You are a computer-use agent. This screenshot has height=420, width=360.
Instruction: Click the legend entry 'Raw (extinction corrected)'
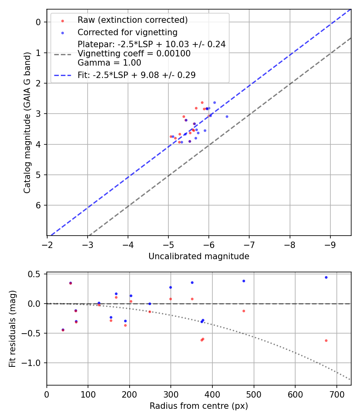click(132, 20)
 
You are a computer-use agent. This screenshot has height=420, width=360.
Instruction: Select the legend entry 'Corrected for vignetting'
click(127, 32)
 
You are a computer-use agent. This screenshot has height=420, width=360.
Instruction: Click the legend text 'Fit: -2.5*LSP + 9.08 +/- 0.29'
click(136, 75)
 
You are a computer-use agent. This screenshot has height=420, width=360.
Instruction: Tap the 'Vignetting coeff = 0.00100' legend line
click(134, 54)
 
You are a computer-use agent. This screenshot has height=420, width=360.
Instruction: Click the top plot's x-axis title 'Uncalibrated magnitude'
click(199, 256)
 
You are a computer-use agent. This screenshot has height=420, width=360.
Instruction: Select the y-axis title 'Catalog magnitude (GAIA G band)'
click(27, 122)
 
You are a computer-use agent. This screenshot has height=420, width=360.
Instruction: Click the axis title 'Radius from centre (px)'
click(199, 406)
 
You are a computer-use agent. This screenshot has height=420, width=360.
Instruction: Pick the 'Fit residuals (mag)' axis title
click(12, 329)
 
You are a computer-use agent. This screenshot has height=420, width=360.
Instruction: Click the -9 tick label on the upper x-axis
click(330, 244)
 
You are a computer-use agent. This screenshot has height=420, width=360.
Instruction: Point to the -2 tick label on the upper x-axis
click(47, 244)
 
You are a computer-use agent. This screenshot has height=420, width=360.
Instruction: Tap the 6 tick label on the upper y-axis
click(39, 205)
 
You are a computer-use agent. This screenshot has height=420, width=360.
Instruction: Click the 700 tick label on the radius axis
click(336, 394)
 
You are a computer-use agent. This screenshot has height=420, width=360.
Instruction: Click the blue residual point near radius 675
click(326, 277)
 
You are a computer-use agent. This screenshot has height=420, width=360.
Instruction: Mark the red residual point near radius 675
click(326, 340)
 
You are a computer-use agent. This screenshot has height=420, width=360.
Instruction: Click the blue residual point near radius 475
click(244, 281)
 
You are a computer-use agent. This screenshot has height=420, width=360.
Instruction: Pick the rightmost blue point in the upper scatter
click(227, 116)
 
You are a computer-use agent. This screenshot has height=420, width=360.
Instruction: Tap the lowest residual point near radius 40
click(63, 330)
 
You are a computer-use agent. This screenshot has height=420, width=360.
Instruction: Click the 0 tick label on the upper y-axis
click(39, 22)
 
